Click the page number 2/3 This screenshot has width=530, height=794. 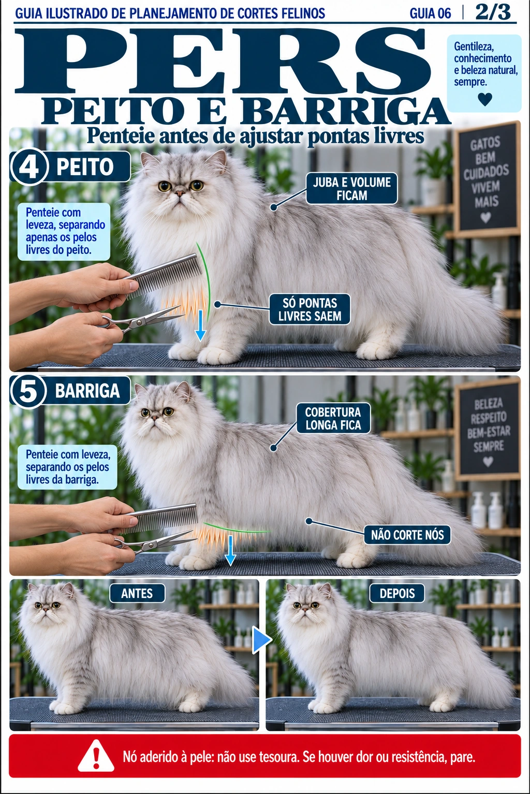[493, 12]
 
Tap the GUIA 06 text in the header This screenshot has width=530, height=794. [430, 13]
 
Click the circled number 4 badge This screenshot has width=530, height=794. [29, 167]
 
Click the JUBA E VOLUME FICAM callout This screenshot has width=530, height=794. [351, 189]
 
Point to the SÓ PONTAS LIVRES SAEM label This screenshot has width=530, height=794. [310, 309]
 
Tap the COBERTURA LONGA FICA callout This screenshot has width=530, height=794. [333, 418]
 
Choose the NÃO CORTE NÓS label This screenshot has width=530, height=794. [407, 535]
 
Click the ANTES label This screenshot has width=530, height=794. [137, 593]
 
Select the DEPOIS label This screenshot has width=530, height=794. [397, 593]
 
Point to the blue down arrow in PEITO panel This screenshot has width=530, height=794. [201, 325]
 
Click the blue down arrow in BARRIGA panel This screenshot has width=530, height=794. [230, 551]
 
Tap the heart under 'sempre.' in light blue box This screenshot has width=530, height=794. [484, 99]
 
